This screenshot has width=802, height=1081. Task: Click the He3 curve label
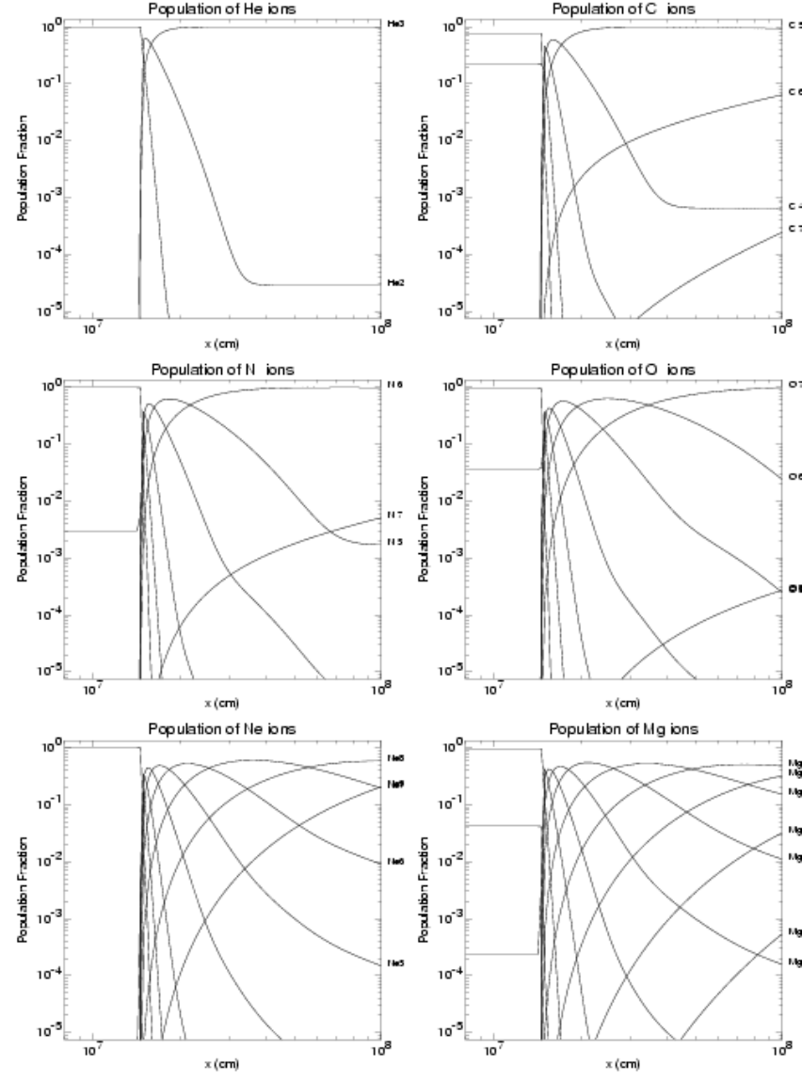[395, 22]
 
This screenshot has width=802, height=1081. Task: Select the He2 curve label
[395, 282]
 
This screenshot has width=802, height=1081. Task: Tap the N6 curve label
[394, 385]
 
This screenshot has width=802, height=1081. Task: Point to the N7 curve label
[394, 515]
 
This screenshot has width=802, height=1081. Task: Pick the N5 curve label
[394, 542]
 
